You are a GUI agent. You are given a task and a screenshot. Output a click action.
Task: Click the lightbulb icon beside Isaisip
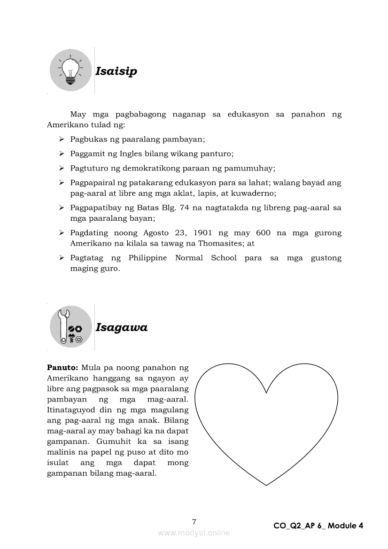click(70, 70)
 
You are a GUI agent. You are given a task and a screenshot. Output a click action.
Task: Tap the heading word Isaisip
click(116, 71)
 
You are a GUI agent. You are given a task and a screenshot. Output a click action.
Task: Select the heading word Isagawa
click(121, 327)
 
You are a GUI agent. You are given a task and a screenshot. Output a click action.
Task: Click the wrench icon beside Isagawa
click(70, 326)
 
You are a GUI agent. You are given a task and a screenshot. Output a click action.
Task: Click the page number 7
click(194, 521)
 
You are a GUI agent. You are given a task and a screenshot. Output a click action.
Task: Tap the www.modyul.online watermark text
click(194, 533)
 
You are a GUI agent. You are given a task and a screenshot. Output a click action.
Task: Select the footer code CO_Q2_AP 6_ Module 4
click(318, 526)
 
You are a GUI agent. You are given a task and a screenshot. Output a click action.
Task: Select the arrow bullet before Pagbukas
click(62, 139)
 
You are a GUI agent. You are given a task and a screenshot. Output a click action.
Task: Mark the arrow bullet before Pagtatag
click(62, 258)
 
